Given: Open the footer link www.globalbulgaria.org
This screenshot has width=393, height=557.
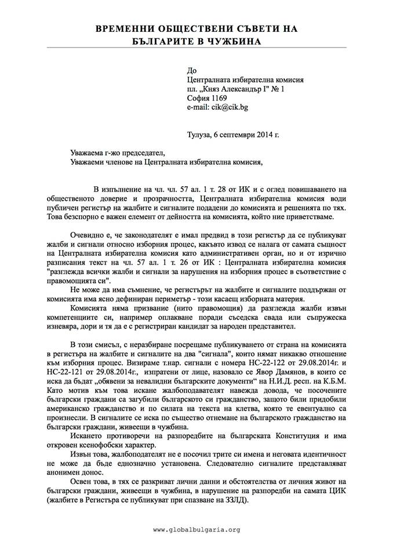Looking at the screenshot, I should (196, 530).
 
